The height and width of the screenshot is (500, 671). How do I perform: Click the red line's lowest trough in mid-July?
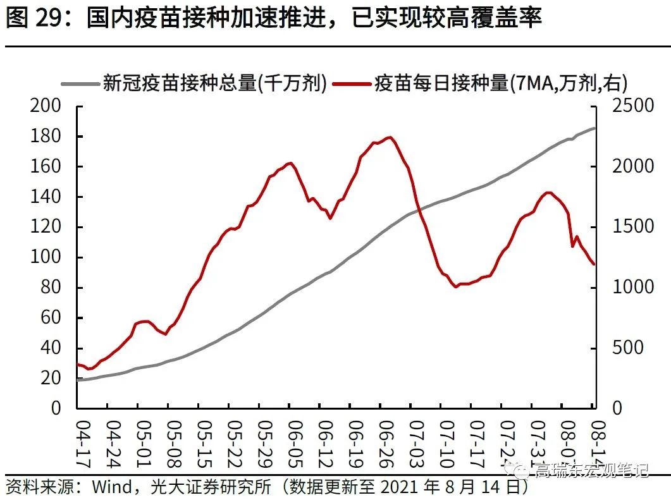(x=456, y=286)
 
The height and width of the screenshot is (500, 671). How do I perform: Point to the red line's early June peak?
(x=290, y=163)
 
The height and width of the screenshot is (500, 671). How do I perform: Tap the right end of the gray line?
(x=594, y=128)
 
